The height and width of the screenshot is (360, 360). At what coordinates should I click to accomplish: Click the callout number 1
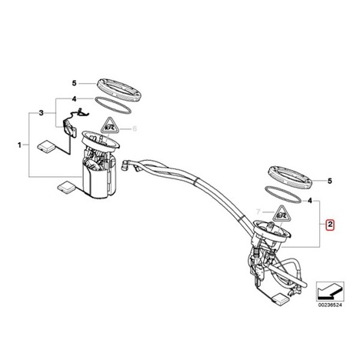[x=19, y=145]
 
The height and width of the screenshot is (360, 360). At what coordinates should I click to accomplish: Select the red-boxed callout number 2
[x=330, y=225]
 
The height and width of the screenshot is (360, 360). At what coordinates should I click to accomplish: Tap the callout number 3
[x=42, y=113]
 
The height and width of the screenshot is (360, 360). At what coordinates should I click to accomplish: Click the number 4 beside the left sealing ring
[x=74, y=98]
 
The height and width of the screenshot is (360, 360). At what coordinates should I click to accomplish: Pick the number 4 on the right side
[x=310, y=201]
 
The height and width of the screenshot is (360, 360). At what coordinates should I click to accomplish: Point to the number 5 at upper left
[x=74, y=83]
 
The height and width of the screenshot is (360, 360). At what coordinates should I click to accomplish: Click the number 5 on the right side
[x=330, y=181]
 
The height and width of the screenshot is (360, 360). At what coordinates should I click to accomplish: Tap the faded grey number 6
[x=135, y=128]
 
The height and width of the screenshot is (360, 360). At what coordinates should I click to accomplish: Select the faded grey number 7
[x=258, y=212]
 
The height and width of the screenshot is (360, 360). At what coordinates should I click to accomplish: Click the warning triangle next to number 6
[x=110, y=125]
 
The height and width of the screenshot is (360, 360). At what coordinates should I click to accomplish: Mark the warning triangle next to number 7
[x=282, y=214]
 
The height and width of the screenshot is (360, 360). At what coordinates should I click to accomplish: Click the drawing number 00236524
[x=330, y=305]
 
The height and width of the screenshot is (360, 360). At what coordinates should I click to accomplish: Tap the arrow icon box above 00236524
[x=330, y=292]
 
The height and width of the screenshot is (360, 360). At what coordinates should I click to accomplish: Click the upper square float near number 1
[x=46, y=145]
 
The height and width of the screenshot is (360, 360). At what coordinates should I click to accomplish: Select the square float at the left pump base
[x=66, y=186]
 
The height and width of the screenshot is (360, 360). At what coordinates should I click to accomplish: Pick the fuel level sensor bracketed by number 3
[x=70, y=128]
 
